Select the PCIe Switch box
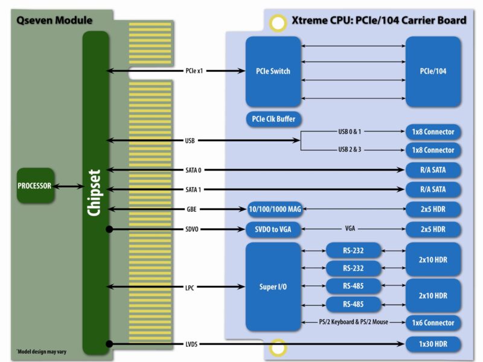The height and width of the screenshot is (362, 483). [x=273, y=71]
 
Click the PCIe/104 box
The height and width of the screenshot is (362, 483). [x=433, y=71]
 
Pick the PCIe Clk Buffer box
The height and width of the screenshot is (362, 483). [x=273, y=119]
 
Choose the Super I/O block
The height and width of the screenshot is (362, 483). [x=273, y=287]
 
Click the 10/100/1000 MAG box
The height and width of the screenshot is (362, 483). [x=273, y=209]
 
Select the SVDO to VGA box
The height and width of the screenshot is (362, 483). [x=273, y=229]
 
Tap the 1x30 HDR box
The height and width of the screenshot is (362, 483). [x=433, y=344]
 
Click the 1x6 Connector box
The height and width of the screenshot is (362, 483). [x=433, y=323]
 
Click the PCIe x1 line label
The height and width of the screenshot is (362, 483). [x=194, y=71]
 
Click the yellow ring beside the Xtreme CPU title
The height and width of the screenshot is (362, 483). [x=278, y=23]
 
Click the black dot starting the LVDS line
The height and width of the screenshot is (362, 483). [x=109, y=344]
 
